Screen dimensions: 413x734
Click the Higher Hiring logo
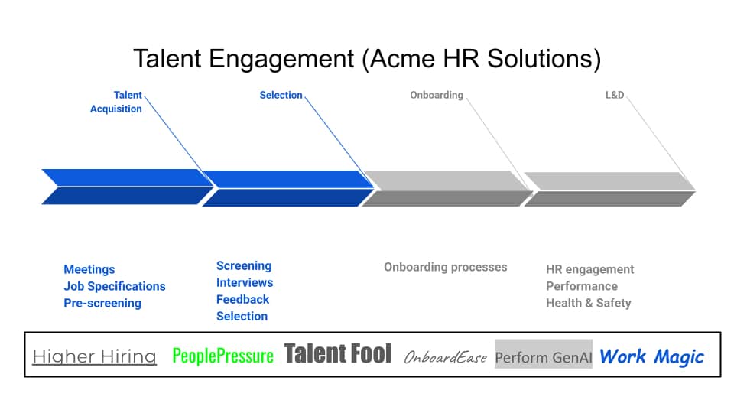click(94, 356)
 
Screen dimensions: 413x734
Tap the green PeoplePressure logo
click(222, 356)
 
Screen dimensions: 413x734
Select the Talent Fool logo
click(338, 353)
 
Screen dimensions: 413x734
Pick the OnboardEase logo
click(445, 357)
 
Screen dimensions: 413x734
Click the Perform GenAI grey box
click(544, 357)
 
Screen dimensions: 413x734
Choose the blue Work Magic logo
click(651, 356)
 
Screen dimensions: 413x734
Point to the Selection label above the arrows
click(281, 95)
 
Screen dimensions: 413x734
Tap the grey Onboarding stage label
click(436, 95)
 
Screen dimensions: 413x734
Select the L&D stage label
click(615, 95)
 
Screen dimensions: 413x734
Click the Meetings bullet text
click(89, 269)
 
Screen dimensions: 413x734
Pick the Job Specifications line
click(115, 286)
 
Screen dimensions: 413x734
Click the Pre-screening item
click(102, 303)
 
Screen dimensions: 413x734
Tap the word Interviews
click(245, 282)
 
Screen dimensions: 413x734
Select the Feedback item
click(242, 299)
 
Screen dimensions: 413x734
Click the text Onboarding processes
click(445, 267)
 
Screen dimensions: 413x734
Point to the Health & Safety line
click(588, 303)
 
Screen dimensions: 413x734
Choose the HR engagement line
click(589, 269)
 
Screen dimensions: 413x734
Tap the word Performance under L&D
click(581, 286)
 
